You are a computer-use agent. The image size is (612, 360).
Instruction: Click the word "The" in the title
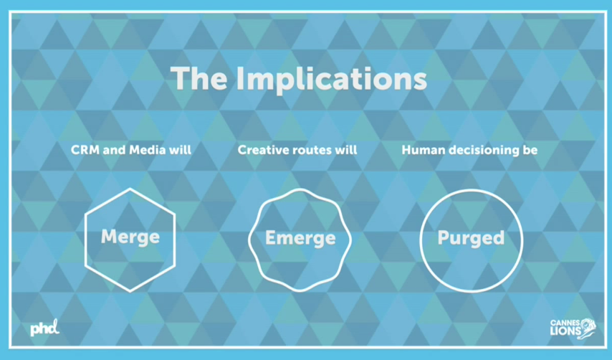click(x=199, y=78)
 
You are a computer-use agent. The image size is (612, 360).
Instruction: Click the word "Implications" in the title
click(x=331, y=80)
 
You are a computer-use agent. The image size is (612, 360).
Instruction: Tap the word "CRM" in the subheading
click(x=85, y=150)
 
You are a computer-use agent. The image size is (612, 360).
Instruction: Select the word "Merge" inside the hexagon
click(x=130, y=237)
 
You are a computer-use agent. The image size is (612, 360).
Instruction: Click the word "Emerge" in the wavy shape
click(x=300, y=238)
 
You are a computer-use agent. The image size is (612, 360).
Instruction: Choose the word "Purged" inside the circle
click(x=471, y=238)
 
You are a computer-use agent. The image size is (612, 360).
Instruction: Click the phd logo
click(x=45, y=328)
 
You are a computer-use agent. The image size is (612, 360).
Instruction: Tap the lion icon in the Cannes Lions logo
click(x=588, y=328)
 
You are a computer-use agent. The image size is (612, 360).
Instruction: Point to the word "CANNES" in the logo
click(x=565, y=323)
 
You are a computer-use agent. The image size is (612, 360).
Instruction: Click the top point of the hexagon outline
click(x=130, y=189)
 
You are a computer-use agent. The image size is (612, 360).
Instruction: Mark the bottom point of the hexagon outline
click(x=130, y=291)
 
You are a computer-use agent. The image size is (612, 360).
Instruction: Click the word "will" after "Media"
click(x=181, y=150)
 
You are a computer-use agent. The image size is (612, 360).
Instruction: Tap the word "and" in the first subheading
click(x=114, y=150)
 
